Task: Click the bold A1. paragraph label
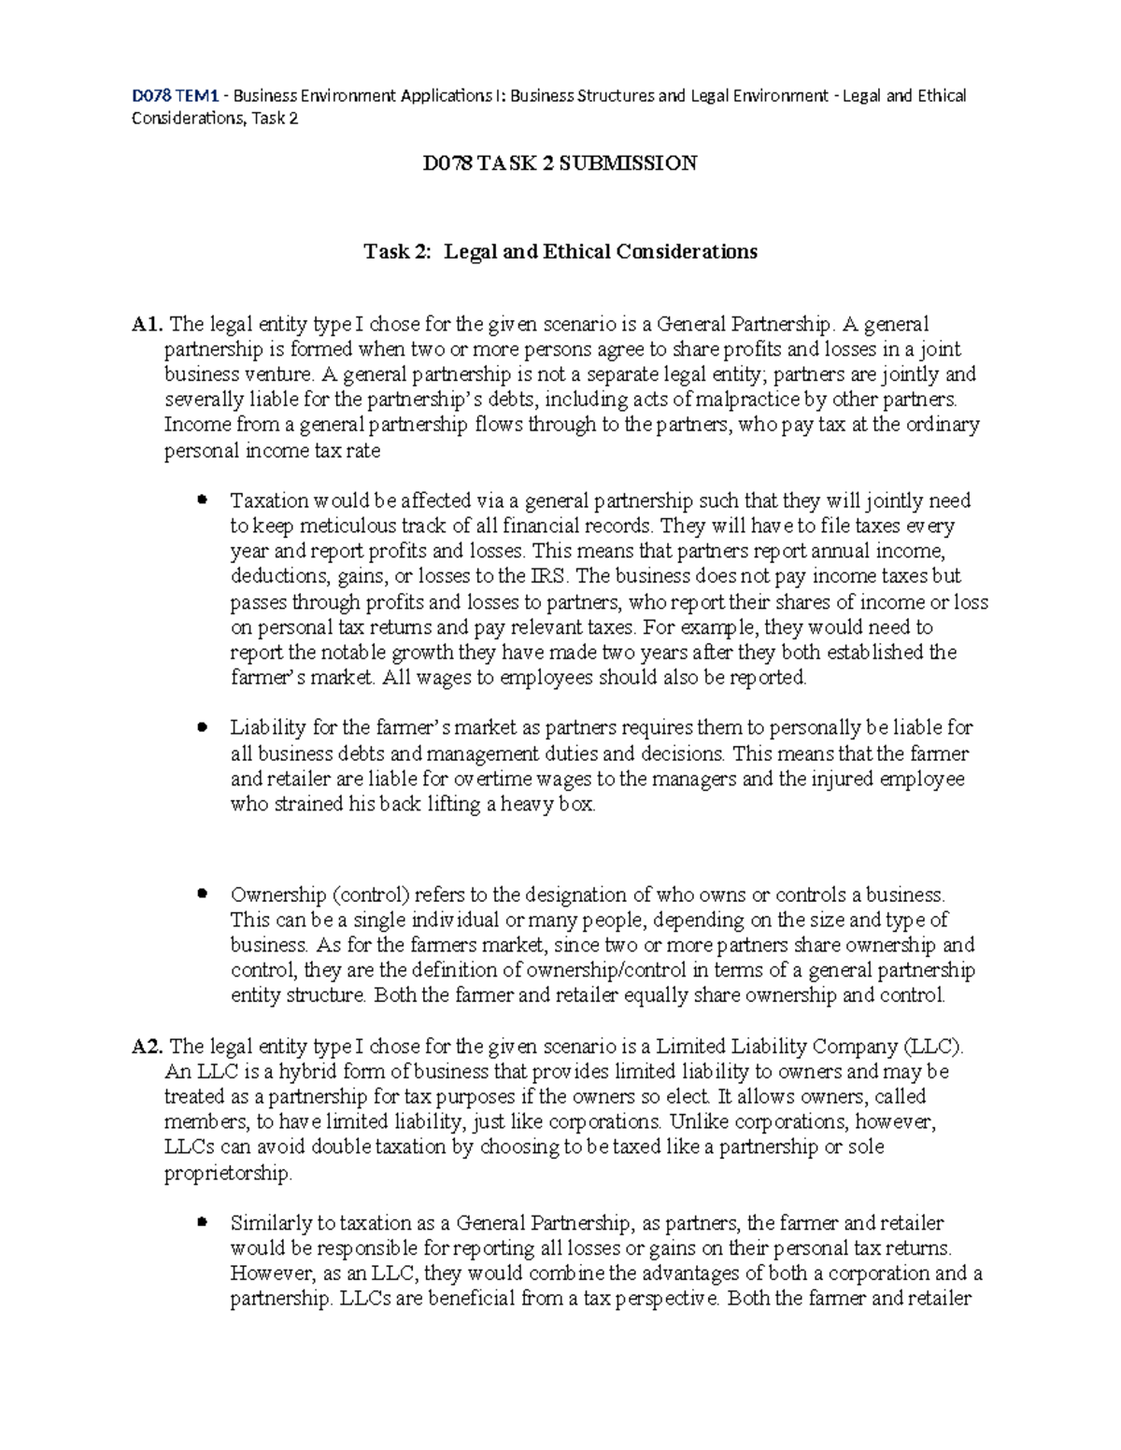coord(148,325)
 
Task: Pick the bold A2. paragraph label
coord(148,1047)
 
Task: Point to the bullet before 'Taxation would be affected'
coord(201,500)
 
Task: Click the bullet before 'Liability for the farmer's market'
coord(201,727)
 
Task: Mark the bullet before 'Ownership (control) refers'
coord(201,894)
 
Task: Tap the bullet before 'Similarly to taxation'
coord(201,1223)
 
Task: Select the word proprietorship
coord(227,1174)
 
